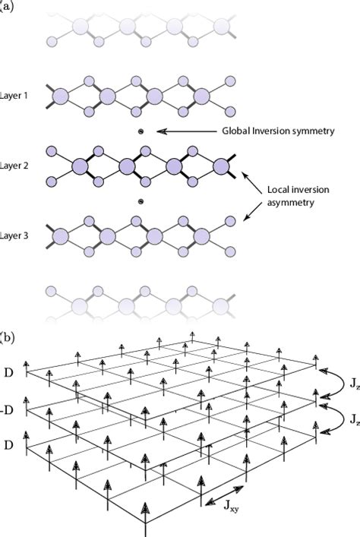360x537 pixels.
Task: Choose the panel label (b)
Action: tap(7, 335)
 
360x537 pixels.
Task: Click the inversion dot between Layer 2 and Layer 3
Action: tap(140, 202)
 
